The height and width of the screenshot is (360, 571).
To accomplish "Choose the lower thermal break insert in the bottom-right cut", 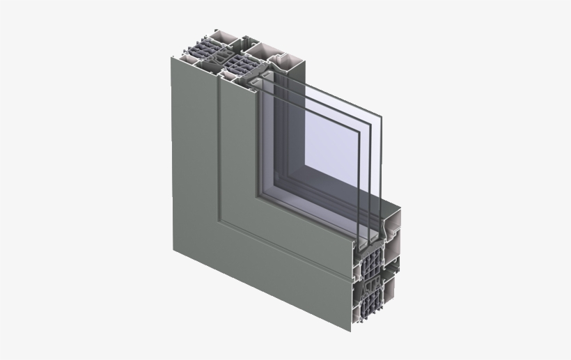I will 369,306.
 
